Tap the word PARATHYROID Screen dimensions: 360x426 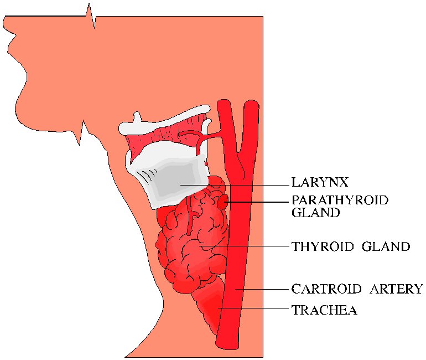340,200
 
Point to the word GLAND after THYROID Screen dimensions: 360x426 386,246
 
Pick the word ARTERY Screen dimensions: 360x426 393,289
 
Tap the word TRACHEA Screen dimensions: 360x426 324,310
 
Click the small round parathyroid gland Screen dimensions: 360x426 222,203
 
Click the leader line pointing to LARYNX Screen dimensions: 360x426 249,184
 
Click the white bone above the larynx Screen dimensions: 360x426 166,125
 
